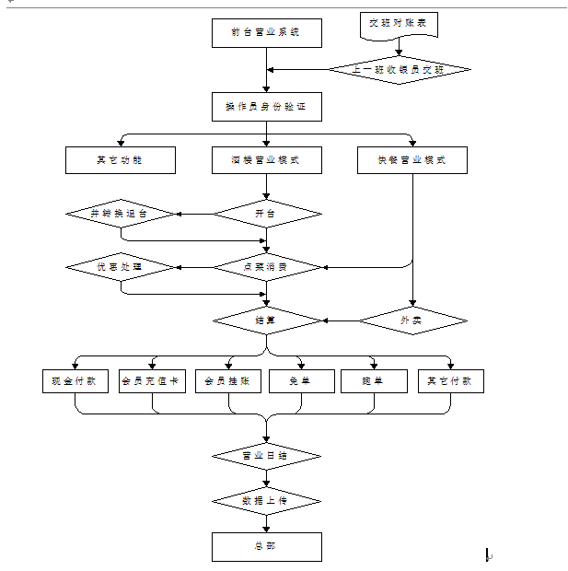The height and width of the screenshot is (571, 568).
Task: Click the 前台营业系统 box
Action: tap(267, 33)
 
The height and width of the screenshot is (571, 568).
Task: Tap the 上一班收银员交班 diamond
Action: tap(399, 70)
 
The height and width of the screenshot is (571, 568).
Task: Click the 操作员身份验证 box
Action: tap(267, 107)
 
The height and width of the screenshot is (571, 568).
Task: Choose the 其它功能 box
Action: tap(121, 160)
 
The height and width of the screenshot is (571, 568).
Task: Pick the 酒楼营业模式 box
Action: tap(267, 160)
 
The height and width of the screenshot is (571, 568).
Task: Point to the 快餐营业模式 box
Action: tap(412, 160)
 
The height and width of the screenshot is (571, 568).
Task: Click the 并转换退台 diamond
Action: tap(121, 214)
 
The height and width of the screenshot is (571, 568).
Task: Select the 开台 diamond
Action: tap(267, 214)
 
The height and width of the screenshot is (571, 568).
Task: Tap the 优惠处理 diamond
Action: tap(121, 267)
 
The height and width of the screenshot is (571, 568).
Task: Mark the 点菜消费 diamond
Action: tap(267, 267)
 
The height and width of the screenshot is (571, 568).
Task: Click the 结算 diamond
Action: tap(267, 320)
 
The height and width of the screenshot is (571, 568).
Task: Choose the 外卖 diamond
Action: tap(412, 320)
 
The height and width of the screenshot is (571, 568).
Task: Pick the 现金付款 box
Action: tap(76, 380)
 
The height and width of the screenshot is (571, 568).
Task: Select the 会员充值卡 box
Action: tap(153, 380)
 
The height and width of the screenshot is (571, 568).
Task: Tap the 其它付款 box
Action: tap(450, 380)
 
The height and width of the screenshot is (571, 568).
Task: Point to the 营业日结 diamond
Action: tap(267, 456)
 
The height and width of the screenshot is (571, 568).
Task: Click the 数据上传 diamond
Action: tap(267, 500)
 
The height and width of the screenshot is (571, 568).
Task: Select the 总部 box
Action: tap(267, 547)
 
